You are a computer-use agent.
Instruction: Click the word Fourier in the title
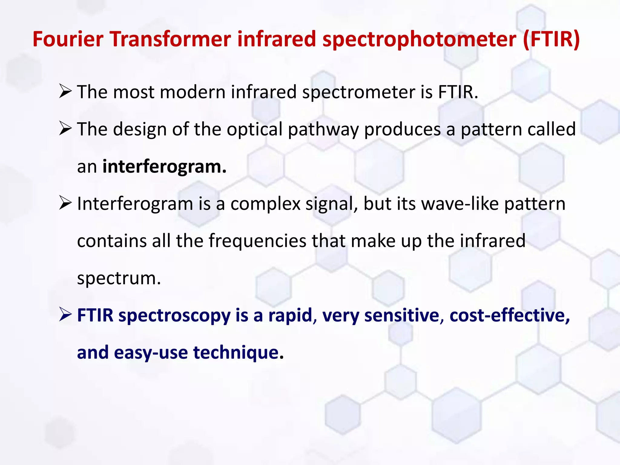[x=68, y=39]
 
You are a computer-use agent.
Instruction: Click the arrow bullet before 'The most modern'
[x=65, y=92]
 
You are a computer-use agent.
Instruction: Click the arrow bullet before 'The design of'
[x=65, y=129]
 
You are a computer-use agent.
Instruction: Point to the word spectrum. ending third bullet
[x=119, y=279]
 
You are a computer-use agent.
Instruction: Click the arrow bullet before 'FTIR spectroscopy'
[x=65, y=315]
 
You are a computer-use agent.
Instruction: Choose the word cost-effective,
[x=510, y=315]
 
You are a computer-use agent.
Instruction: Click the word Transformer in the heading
[x=171, y=39]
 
